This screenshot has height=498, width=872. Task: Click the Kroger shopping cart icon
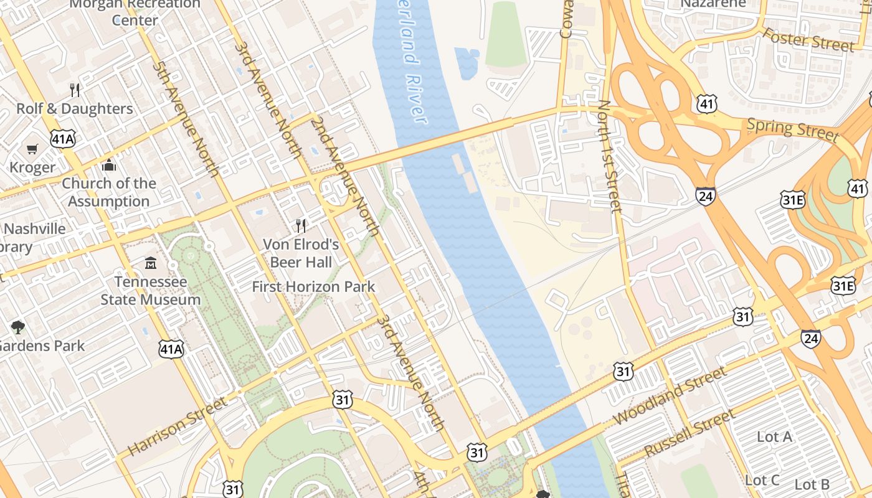pos(32,149)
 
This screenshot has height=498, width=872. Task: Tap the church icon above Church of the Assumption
pos(109,165)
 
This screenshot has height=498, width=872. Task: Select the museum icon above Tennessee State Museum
pos(151,263)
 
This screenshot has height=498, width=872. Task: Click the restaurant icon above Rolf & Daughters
pos(75,90)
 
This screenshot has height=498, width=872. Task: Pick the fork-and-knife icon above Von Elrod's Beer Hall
pos(301,225)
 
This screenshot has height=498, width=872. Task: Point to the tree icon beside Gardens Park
pos(18,327)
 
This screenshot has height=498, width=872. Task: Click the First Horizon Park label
pos(313,287)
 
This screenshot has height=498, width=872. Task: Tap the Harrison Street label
pos(178,426)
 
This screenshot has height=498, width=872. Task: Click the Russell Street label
pos(690,433)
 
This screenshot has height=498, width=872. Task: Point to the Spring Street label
pos(792,129)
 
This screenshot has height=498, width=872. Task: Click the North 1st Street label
pos(609,156)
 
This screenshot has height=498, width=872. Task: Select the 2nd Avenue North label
pos(345,176)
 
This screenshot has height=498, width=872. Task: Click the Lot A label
pos(774,437)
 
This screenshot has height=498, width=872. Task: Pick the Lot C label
pos(762,481)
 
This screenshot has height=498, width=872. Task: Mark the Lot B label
pos(812,484)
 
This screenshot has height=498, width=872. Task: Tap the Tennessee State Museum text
pos(151,291)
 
